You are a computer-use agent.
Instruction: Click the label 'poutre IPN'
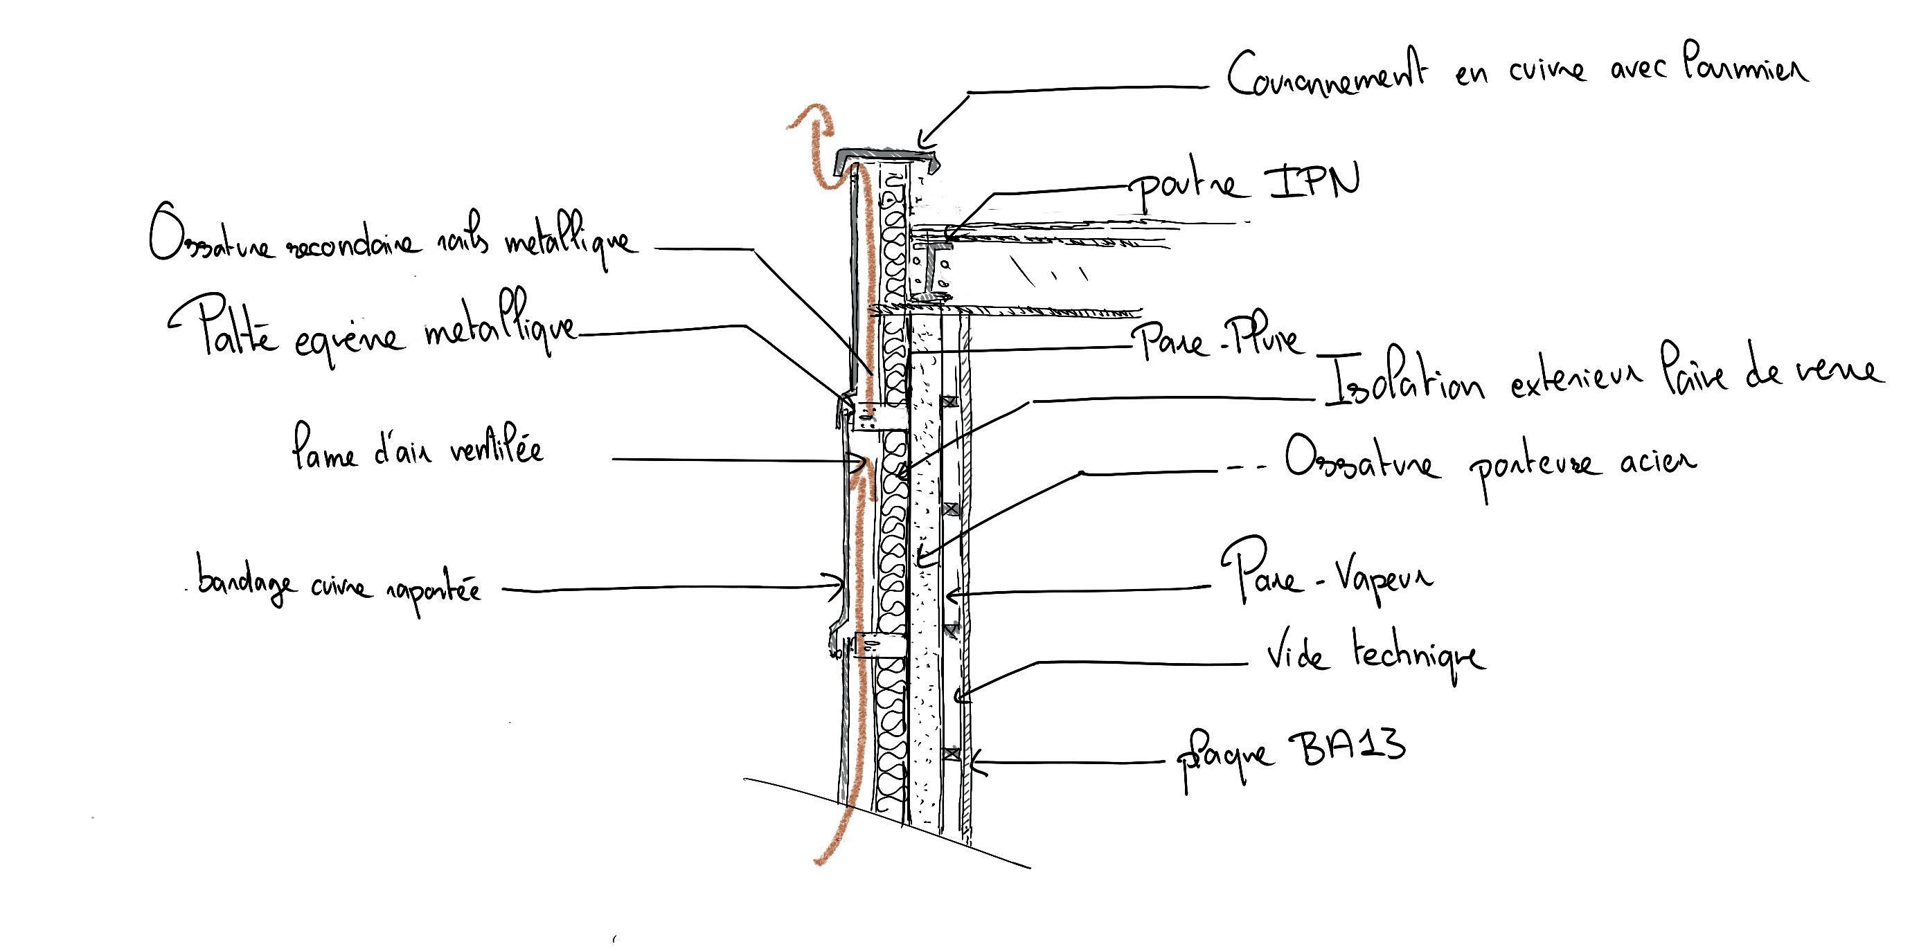pyautogui.click(x=1246, y=184)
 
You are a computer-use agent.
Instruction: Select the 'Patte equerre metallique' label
pyautogui.click(x=374, y=336)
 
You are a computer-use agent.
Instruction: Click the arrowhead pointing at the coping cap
pyautogui.click(x=922, y=141)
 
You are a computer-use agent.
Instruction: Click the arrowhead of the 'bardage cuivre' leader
pyautogui.click(x=840, y=588)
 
